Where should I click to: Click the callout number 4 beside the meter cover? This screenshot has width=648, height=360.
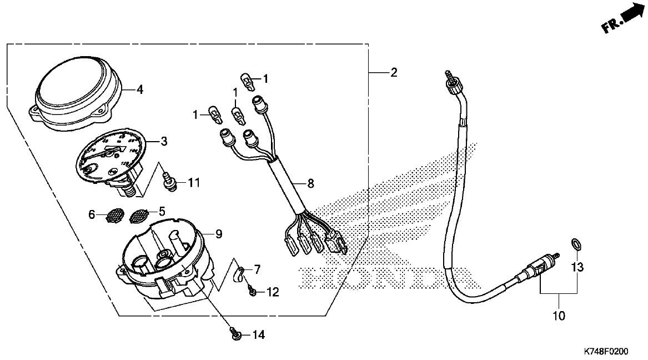(140, 89)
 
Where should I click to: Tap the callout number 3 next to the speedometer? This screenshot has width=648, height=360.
(164, 142)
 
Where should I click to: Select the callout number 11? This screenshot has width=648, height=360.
(193, 182)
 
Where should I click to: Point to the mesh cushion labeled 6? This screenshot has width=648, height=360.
(114, 215)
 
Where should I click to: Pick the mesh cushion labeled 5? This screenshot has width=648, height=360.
(139, 216)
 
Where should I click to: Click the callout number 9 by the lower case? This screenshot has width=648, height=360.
(218, 235)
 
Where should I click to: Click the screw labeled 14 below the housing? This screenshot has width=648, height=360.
(236, 334)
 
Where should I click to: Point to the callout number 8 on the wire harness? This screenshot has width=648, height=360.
(310, 182)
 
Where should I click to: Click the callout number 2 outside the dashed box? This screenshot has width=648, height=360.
(394, 73)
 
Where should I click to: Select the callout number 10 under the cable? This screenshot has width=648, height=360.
(559, 316)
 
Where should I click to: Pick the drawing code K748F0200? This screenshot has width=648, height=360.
(606, 352)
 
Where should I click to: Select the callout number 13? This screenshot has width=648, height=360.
(578, 268)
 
